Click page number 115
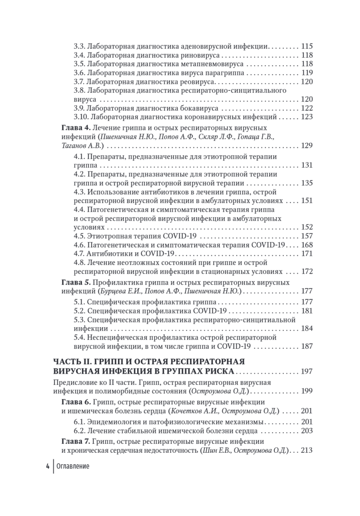(x=307, y=46)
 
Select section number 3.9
(x=80, y=108)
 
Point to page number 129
(x=307, y=146)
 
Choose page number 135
(x=307, y=183)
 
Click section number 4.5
(x=80, y=236)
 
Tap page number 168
(x=307, y=245)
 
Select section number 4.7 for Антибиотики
(x=80, y=254)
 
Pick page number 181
(x=307, y=310)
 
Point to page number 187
(x=307, y=346)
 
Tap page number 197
(x=307, y=371)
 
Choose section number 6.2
(x=80, y=431)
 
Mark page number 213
(x=307, y=450)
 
